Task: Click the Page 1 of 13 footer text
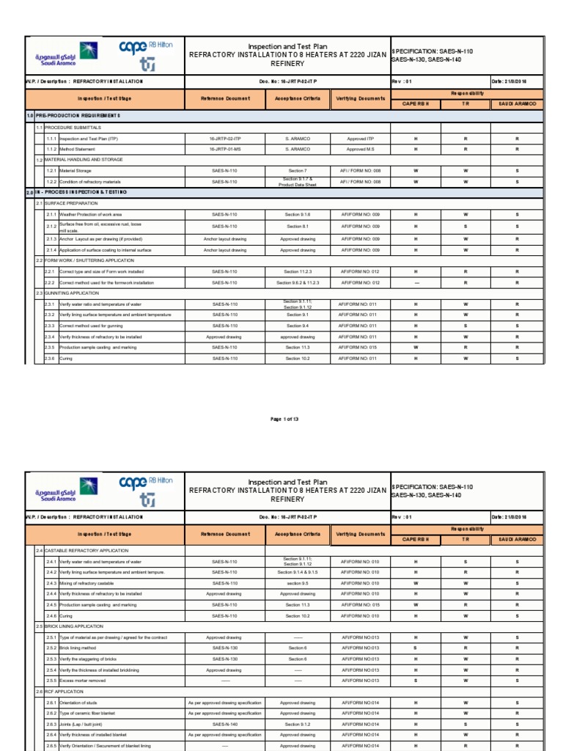(285, 419)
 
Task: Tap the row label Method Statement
(78, 149)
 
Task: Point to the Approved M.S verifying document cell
(360, 149)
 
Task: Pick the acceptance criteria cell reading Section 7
(296, 170)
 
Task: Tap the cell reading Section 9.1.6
(296, 214)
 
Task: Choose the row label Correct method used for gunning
(91, 326)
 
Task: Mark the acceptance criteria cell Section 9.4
(296, 326)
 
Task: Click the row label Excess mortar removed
(83, 681)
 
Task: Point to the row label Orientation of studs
(80, 703)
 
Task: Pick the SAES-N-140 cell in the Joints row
(224, 724)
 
